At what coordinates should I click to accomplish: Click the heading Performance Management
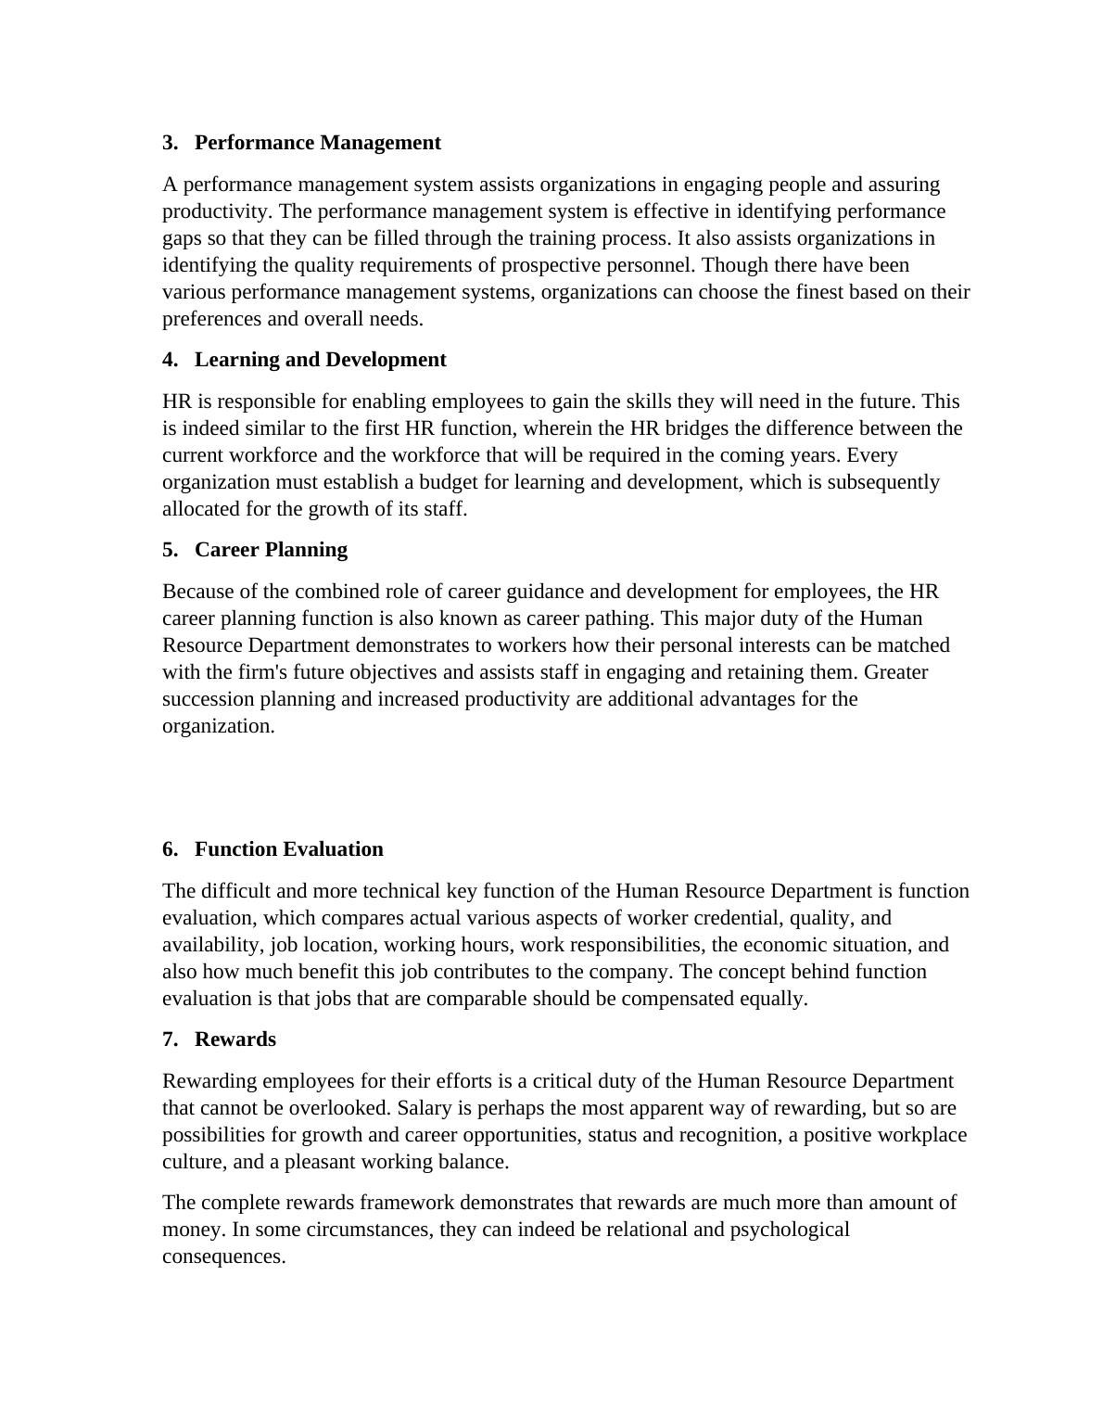pos(317,143)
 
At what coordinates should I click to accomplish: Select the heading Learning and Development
pos(320,360)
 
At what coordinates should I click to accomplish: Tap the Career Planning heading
pos(271,550)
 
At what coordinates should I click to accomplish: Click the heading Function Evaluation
pos(288,849)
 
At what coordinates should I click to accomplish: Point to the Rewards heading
pos(235,1039)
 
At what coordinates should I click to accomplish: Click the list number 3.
pos(170,143)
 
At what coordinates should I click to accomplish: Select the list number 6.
pos(170,849)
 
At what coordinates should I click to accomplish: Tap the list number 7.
pos(170,1039)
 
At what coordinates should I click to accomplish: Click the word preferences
pos(211,319)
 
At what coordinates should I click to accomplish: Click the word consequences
pos(223,1256)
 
